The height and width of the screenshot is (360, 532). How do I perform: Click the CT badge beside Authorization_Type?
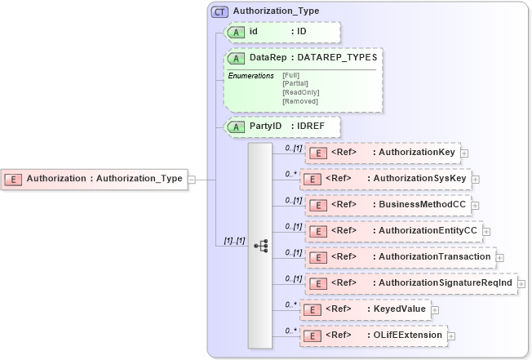220,11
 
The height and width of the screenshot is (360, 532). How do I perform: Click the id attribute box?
282,32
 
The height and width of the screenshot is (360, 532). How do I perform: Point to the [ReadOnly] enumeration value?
300,92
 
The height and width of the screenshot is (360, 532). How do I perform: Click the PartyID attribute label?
265,127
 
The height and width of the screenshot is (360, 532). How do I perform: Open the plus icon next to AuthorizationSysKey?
476,179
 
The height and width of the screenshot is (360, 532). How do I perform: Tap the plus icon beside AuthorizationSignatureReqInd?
521,283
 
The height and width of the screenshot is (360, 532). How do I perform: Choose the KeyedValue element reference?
365,309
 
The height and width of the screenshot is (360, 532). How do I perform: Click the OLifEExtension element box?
372,336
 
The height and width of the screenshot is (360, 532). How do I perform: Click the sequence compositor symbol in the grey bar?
260,245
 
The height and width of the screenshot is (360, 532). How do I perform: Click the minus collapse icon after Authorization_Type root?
191,179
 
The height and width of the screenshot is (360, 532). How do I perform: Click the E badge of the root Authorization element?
14,179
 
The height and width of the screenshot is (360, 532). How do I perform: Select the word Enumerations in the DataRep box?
251,75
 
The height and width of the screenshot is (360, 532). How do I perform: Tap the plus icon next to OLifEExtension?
451,336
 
